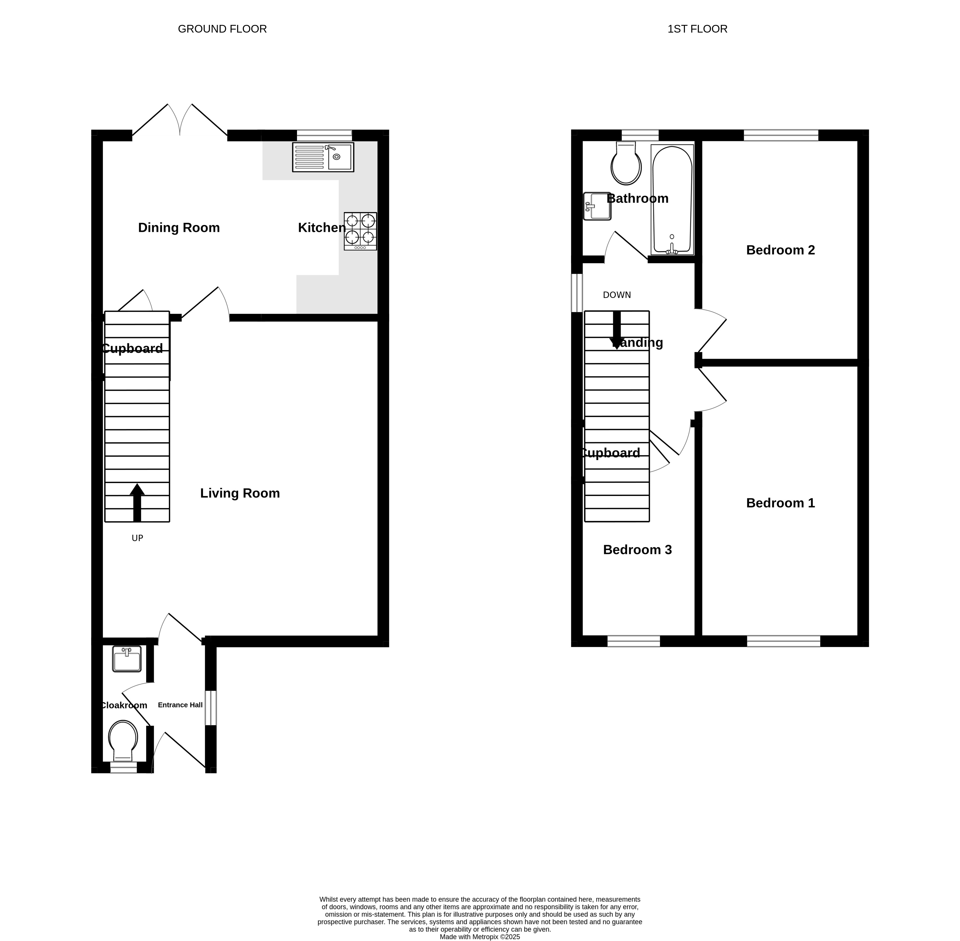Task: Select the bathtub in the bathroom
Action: click(x=672, y=200)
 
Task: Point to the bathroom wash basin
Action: click(x=597, y=206)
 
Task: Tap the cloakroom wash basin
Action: click(x=127, y=659)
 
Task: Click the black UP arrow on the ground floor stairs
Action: click(x=137, y=503)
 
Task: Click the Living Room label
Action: click(x=240, y=493)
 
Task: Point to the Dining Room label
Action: click(x=179, y=228)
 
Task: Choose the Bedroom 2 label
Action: click(x=780, y=250)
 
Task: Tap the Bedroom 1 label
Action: click(x=780, y=503)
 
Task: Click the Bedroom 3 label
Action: click(x=638, y=550)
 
